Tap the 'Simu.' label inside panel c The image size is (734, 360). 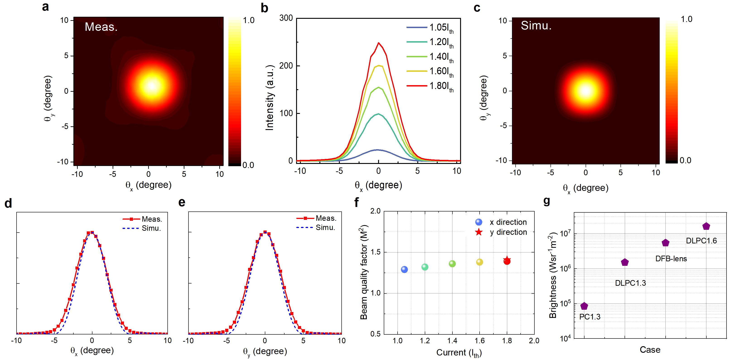click(536, 26)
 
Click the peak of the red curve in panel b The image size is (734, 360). click(378, 43)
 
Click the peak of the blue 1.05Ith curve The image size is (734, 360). click(378, 150)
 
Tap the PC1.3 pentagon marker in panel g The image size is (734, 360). click(584, 306)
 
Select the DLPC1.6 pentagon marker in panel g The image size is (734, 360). click(706, 226)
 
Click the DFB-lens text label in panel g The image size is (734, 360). click(671, 259)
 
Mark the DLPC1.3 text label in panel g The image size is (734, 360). click(630, 283)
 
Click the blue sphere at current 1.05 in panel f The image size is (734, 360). click(404, 269)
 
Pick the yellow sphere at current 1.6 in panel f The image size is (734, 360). click(480, 262)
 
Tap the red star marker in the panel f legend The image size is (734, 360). click(479, 232)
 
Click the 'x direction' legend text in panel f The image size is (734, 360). click(508, 222)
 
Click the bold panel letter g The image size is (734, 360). click(546, 201)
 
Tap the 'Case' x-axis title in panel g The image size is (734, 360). click(650, 350)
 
